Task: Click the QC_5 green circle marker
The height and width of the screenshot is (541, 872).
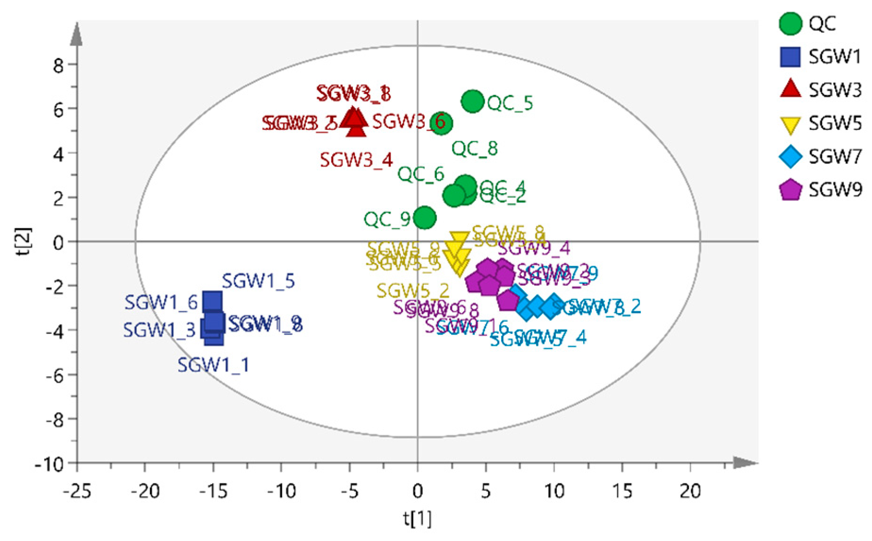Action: (x=472, y=101)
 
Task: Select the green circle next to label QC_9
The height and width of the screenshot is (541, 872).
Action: (x=425, y=218)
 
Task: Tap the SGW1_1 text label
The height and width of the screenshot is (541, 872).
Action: (x=213, y=365)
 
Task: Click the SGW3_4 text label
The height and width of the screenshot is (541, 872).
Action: (x=356, y=160)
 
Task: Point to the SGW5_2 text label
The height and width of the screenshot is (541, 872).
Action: (x=413, y=291)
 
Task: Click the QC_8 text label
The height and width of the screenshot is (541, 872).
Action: (x=475, y=149)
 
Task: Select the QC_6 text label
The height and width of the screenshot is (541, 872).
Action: (x=421, y=174)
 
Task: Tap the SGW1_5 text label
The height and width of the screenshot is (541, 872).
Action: (x=259, y=281)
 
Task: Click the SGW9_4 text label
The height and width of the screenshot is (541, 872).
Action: (x=534, y=248)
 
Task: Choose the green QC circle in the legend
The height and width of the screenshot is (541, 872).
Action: (x=790, y=24)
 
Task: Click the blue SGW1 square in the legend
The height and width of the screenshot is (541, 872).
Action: (x=790, y=57)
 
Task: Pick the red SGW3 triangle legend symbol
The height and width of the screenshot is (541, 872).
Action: (x=790, y=89)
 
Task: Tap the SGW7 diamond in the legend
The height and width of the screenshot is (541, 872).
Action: (x=790, y=157)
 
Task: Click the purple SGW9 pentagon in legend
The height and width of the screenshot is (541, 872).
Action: (x=790, y=190)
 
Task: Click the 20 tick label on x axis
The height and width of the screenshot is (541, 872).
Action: (x=690, y=491)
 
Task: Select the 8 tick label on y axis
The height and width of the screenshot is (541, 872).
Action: (x=58, y=65)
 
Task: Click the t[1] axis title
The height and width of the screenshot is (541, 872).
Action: (x=417, y=519)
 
